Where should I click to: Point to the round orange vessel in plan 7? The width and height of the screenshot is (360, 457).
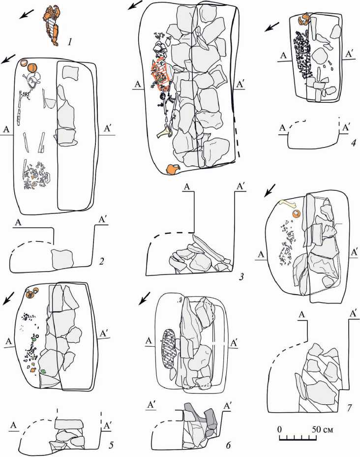tap(296, 214)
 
